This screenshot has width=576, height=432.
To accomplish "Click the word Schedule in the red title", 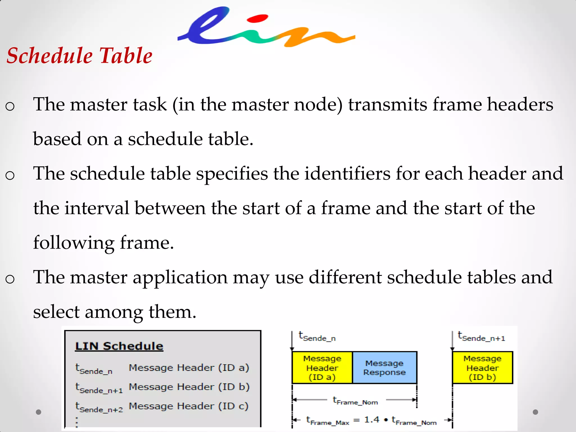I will [x=49, y=56].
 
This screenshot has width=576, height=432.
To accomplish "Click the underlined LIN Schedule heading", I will [x=119, y=346].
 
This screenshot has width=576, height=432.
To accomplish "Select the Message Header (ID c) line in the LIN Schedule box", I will [x=189, y=406].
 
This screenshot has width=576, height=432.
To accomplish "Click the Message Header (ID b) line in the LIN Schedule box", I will [x=189, y=387].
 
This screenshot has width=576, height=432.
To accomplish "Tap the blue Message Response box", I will [x=384, y=368].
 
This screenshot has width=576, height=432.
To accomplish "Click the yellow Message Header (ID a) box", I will [x=322, y=368].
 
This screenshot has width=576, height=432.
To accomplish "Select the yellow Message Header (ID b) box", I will [x=482, y=368].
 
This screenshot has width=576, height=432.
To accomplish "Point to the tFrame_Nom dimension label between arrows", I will [x=355, y=400].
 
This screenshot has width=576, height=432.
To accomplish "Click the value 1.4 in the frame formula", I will [x=372, y=420].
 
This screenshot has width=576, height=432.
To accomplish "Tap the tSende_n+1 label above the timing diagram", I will [x=481, y=337].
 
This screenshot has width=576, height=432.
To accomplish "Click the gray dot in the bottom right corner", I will [x=535, y=412].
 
